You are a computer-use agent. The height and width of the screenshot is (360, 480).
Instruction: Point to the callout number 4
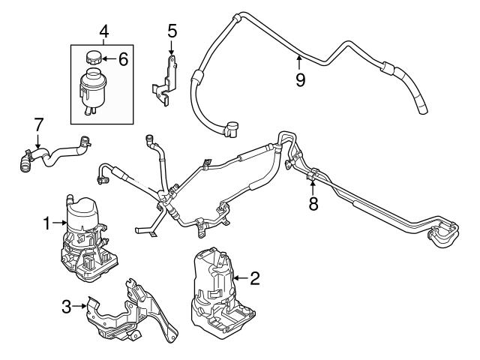[x=104, y=32]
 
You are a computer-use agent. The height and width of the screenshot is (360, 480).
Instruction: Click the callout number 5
[x=172, y=31]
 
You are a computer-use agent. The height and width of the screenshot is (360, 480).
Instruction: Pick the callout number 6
[x=124, y=58]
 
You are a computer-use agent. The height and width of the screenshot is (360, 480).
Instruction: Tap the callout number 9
[x=300, y=79]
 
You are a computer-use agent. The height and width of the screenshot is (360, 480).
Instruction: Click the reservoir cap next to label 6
[x=95, y=58]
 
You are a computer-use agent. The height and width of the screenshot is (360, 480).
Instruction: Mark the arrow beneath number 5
[x=172, y=49]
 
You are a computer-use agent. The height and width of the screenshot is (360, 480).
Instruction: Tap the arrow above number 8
[x=312, y=184]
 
